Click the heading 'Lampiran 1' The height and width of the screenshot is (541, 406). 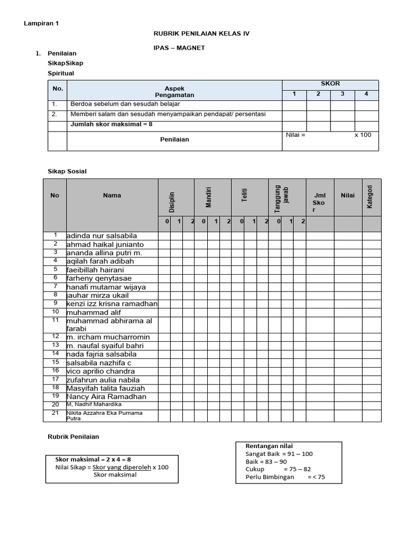click(x=42, y=24)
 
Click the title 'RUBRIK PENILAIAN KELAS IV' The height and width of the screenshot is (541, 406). click(x=201, y=33)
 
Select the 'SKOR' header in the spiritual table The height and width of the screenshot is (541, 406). click(x=330, y=84)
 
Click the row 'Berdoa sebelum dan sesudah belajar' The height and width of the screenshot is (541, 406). click(x=125, y=104)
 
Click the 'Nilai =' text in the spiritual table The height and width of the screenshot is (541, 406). click(x=296, y=135)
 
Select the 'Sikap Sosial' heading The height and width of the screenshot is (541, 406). click(x=67, y=171)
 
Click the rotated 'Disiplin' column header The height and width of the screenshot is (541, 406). click(x=171, y=202)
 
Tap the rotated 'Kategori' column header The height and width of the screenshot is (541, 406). click(x=370, y=196)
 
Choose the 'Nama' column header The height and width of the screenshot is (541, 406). click(x=112, y=195)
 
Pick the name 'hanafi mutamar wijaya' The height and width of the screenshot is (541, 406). click(x=106, y=287)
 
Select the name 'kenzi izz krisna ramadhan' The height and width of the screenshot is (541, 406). click(x=112, y=304)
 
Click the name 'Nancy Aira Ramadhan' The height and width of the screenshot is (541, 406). click(x=106, y=396)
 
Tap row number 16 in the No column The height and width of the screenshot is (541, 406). click(x=55, y=370)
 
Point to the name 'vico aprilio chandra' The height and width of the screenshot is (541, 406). click(x=100, y=371)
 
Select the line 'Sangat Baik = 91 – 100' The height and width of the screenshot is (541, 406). click(x=279, y=454)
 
